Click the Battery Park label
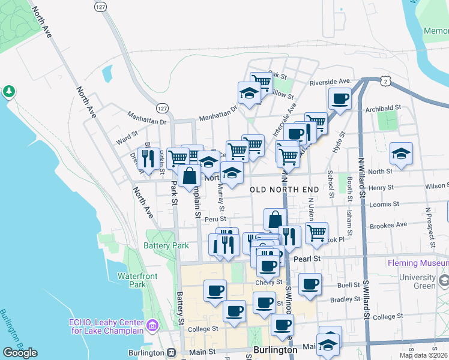coord(166,245)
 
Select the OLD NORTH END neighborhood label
coord(284,190)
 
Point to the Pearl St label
coord(309,259)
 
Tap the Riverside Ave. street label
coord(330,81)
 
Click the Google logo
coord(20,353)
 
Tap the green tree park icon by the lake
coord(9,91)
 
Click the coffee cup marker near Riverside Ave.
coord(340,98)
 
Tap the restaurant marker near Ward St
coord(148,158)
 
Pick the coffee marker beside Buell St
coord(310,284)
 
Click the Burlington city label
coord(275,350)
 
